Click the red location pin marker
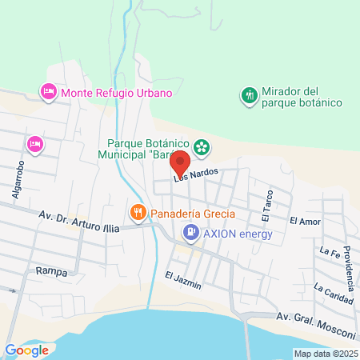180,162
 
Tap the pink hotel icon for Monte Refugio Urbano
47,93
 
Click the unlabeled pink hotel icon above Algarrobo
34,144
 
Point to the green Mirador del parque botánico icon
249,96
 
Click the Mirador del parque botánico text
302,97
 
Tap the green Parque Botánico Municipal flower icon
202,146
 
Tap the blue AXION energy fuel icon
190,234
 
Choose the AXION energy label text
238,234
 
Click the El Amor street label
304,221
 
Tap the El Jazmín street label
183,280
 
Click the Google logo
26,350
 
